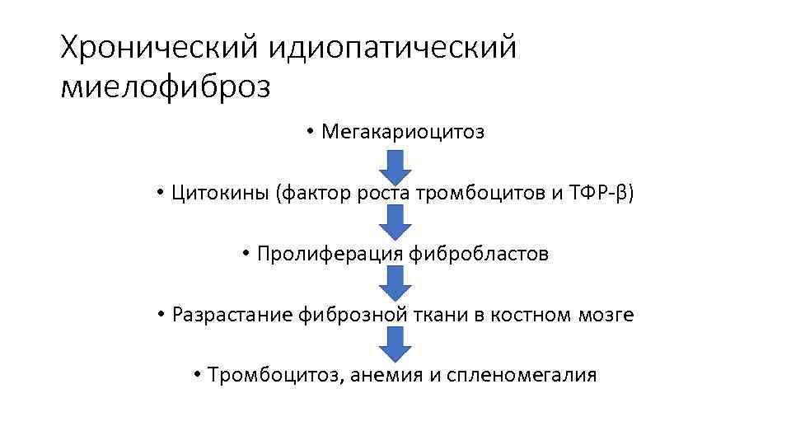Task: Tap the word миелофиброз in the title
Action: point(166,87)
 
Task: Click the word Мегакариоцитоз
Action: point(403,132)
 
